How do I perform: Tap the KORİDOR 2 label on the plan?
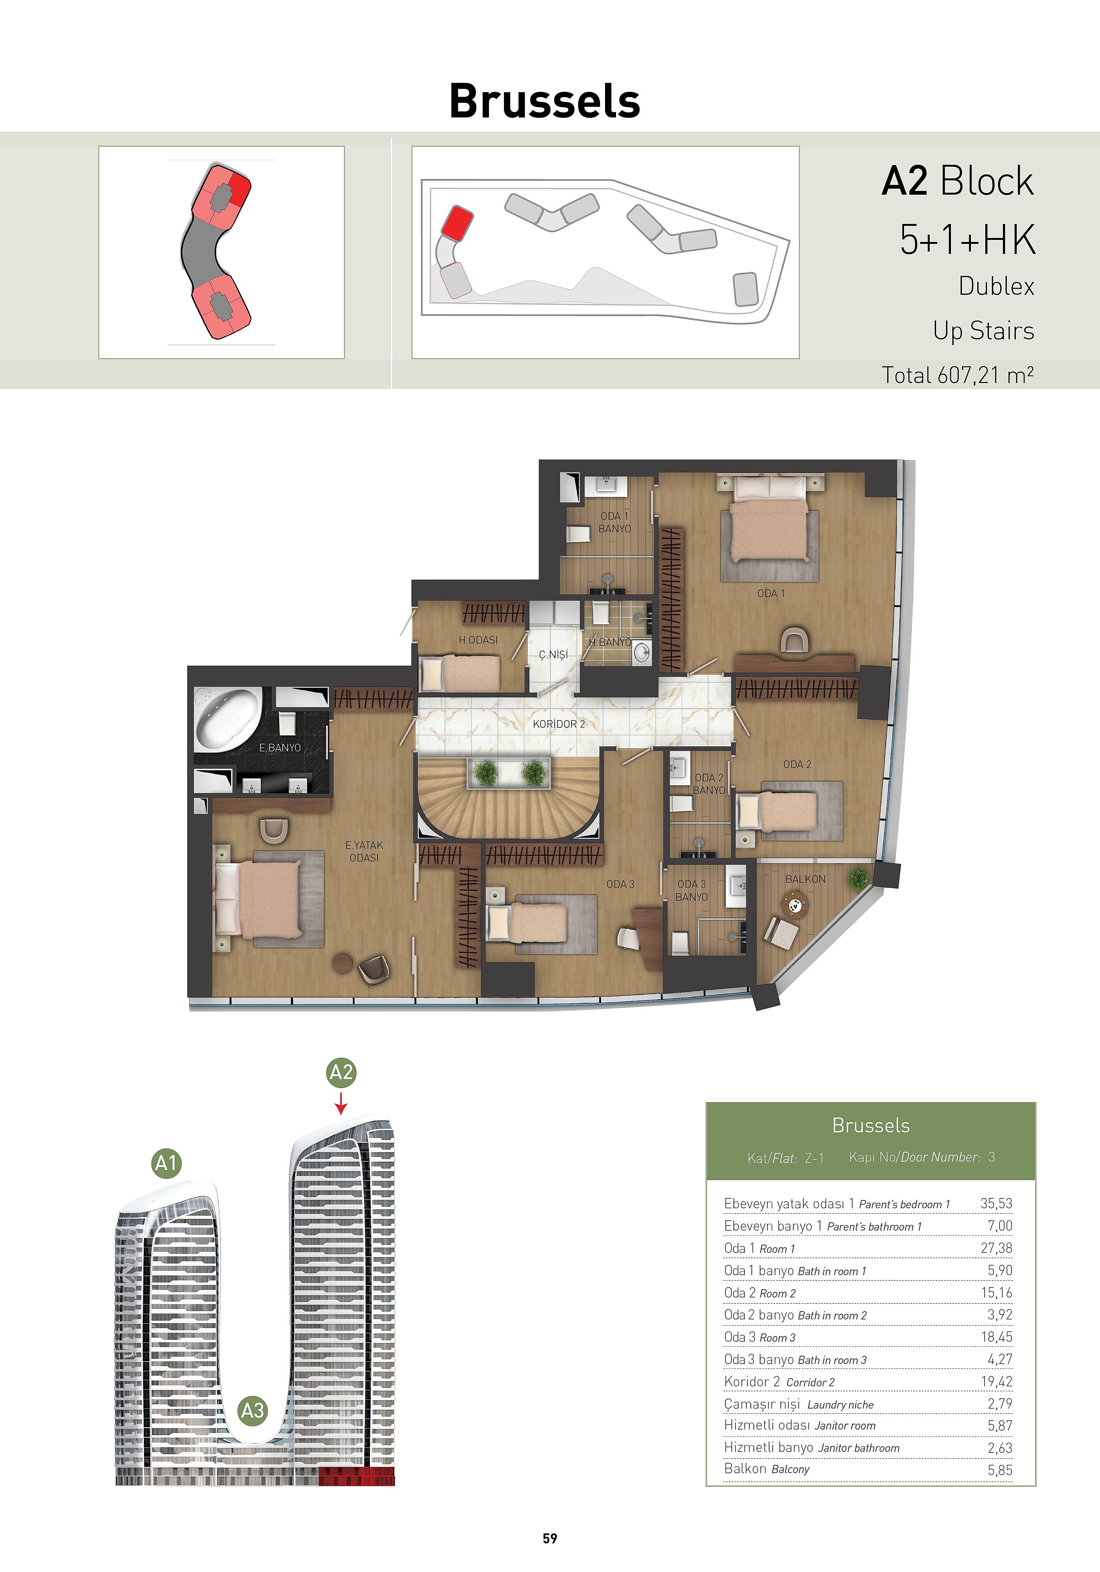[558, 724]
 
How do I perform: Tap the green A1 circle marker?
[166, 1163]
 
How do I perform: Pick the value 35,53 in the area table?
[996, 1203]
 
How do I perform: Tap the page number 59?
[550, 1538]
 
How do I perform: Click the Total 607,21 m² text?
[958, 375]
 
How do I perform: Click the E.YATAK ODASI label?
[364, 851]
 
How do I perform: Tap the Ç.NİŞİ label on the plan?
[553, 655]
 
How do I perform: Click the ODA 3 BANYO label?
[691, 890]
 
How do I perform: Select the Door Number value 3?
[991, 1157]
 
